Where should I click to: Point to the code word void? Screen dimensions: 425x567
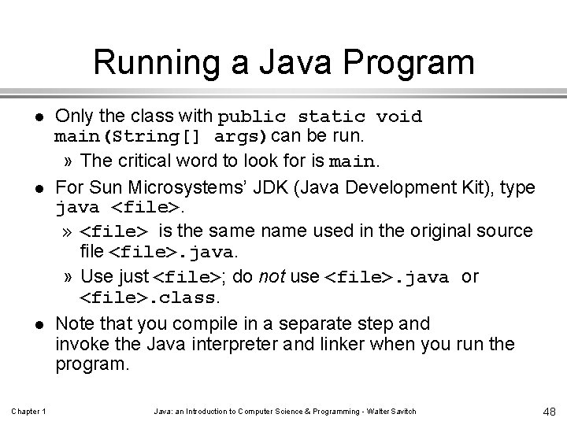[399, 118]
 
